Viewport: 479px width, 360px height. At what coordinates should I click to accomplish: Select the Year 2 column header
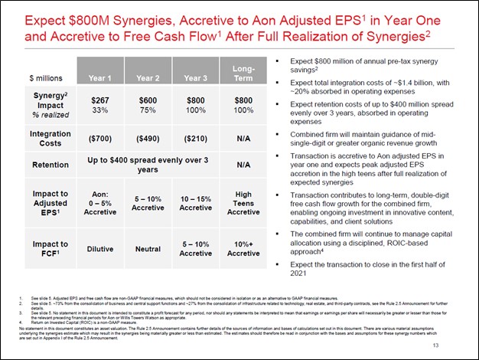[148, 77]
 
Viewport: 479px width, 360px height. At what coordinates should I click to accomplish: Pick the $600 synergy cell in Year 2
[148, 100]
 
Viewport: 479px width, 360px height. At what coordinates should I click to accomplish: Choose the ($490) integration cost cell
[148, 139]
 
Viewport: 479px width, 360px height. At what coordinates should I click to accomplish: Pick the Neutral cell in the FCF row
[148, 249]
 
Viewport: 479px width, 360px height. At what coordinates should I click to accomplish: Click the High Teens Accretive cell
[243, 202]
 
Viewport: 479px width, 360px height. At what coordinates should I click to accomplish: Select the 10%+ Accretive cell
[243, 249]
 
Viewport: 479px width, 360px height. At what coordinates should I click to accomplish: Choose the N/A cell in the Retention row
[243, 165]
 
